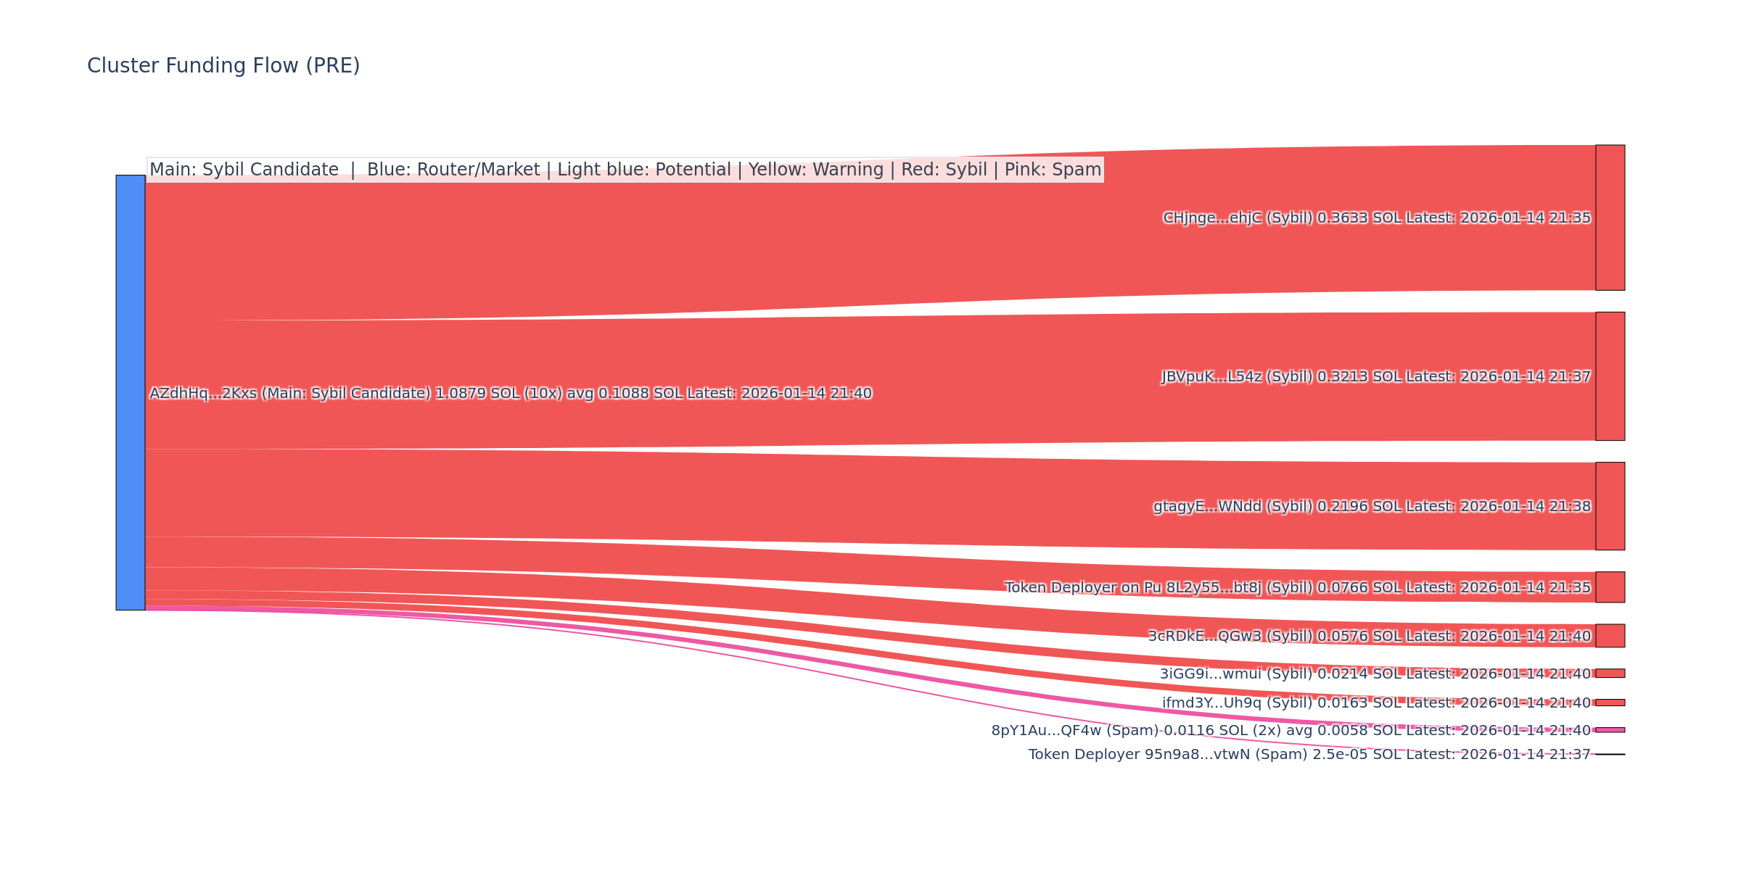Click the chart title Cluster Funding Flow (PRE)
(223, 66)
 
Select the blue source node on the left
(131, 392)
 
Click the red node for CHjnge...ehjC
(1610, 217)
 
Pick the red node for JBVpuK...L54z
(1610, 376)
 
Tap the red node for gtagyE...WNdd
(1610, 506)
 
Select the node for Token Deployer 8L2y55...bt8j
(1610, 587)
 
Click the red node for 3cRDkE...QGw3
(1610, 636)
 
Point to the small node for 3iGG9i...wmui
(1610, 674)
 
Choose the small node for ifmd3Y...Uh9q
(1610, 703)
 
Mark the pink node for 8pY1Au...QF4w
(1610, 730)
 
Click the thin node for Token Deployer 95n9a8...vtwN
(1610, 755)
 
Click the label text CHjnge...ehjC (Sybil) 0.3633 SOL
(1376, 218)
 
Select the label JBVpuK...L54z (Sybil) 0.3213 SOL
(1375, 377)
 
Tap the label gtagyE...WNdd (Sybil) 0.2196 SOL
(1372, 507)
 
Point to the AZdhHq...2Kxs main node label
(510, 394)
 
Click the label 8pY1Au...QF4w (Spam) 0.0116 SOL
(1291, 731)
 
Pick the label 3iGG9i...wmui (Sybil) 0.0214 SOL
(1375, 674)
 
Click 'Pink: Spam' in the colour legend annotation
(1053, 170)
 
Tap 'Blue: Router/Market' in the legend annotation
(453, 170)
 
